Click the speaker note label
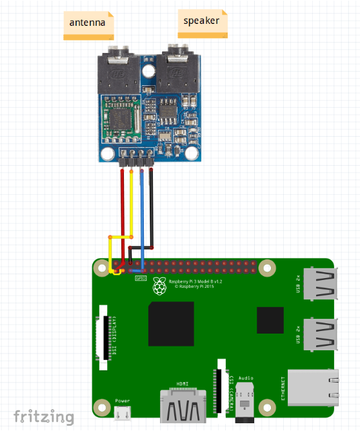coord(202,21)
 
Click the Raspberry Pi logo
coord(159,286)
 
